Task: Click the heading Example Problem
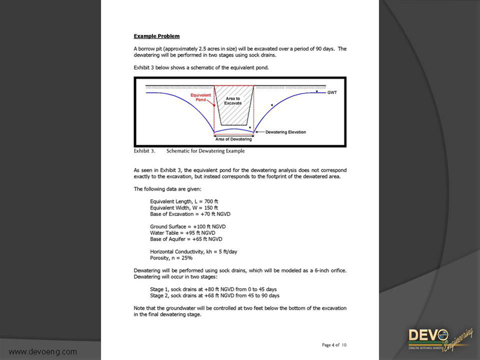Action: [156, 36]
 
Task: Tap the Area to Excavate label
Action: [233, 100]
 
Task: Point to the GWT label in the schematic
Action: [332, 93]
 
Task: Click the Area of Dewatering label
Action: [233, 139]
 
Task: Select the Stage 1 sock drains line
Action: [214, 289]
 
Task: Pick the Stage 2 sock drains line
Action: [215, 295]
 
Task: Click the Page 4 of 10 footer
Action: [334, 345]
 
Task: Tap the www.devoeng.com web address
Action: [43, 351]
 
